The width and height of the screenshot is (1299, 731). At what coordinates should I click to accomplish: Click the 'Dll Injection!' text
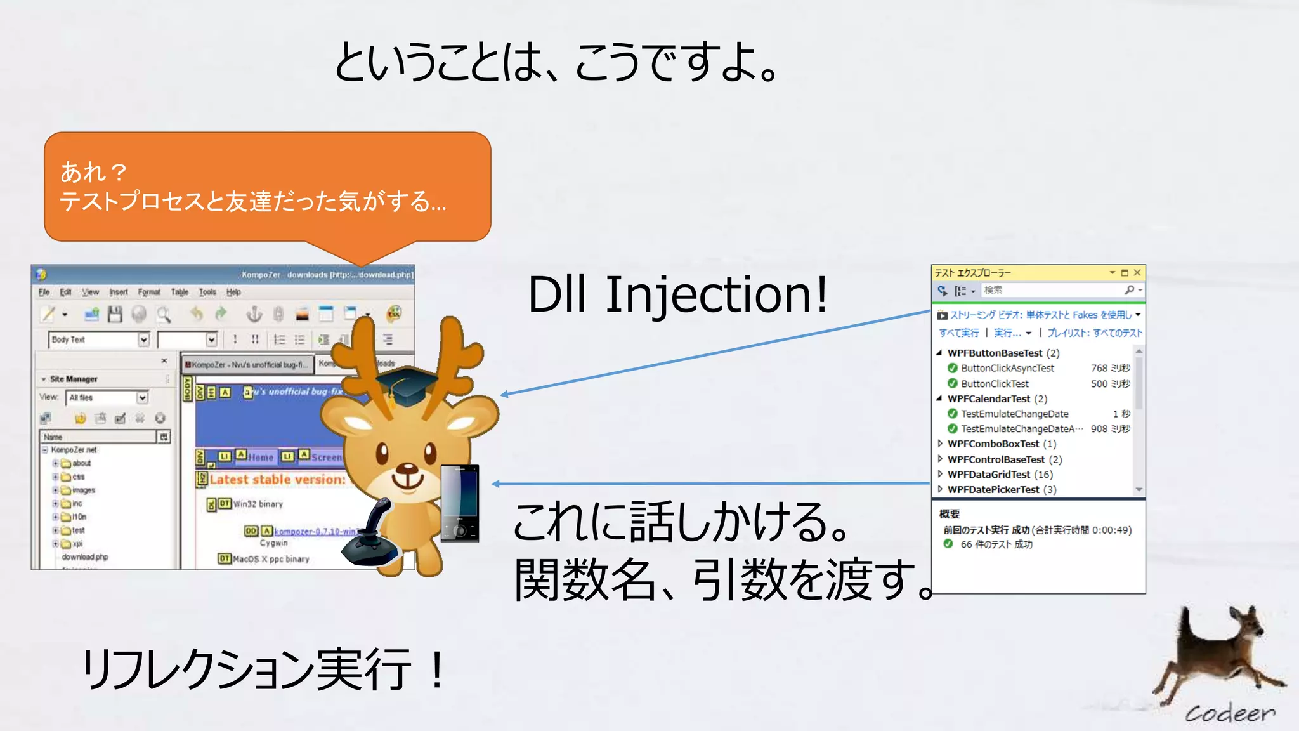[x=677, y=294]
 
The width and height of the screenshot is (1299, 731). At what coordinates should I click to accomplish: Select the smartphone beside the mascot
[x=460, y=503]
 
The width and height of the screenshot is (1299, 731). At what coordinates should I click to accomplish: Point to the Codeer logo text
[x=1229, y=713]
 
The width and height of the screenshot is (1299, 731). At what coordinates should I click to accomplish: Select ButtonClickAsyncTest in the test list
[x=1007, y=368]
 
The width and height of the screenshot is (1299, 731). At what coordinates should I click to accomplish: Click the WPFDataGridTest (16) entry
[x=1000, y=474]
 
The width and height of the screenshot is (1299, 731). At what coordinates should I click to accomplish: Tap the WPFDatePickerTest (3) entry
[x=1002, y=489]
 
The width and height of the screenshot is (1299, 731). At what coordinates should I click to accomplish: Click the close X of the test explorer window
[x=1137, y=273]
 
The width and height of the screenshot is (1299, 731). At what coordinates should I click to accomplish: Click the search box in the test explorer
[x=1053, y=290]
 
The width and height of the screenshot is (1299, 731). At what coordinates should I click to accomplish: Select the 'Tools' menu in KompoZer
[x=207, y=293]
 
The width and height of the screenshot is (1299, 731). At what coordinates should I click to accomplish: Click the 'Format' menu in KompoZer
[x=149, y=293]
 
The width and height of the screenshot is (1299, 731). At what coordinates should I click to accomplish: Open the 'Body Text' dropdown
[x=143, y=340]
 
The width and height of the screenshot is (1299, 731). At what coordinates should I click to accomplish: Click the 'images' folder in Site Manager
[x=83, y=490]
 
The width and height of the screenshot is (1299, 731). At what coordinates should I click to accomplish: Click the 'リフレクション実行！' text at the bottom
[x=263, y=669]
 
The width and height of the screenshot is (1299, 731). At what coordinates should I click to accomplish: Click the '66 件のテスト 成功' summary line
[x=996, y=544]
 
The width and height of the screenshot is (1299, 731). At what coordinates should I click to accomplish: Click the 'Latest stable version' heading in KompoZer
[x=277, y=480]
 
